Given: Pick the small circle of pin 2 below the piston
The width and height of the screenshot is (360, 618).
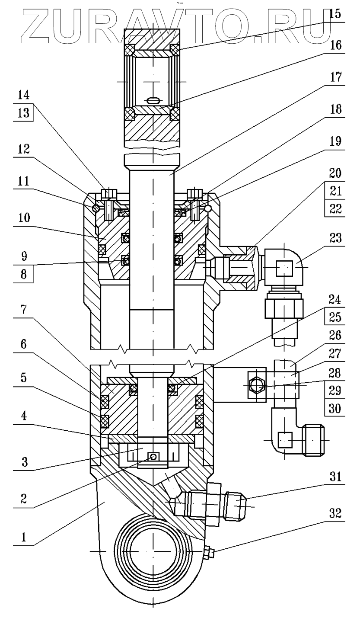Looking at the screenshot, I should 152,457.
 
